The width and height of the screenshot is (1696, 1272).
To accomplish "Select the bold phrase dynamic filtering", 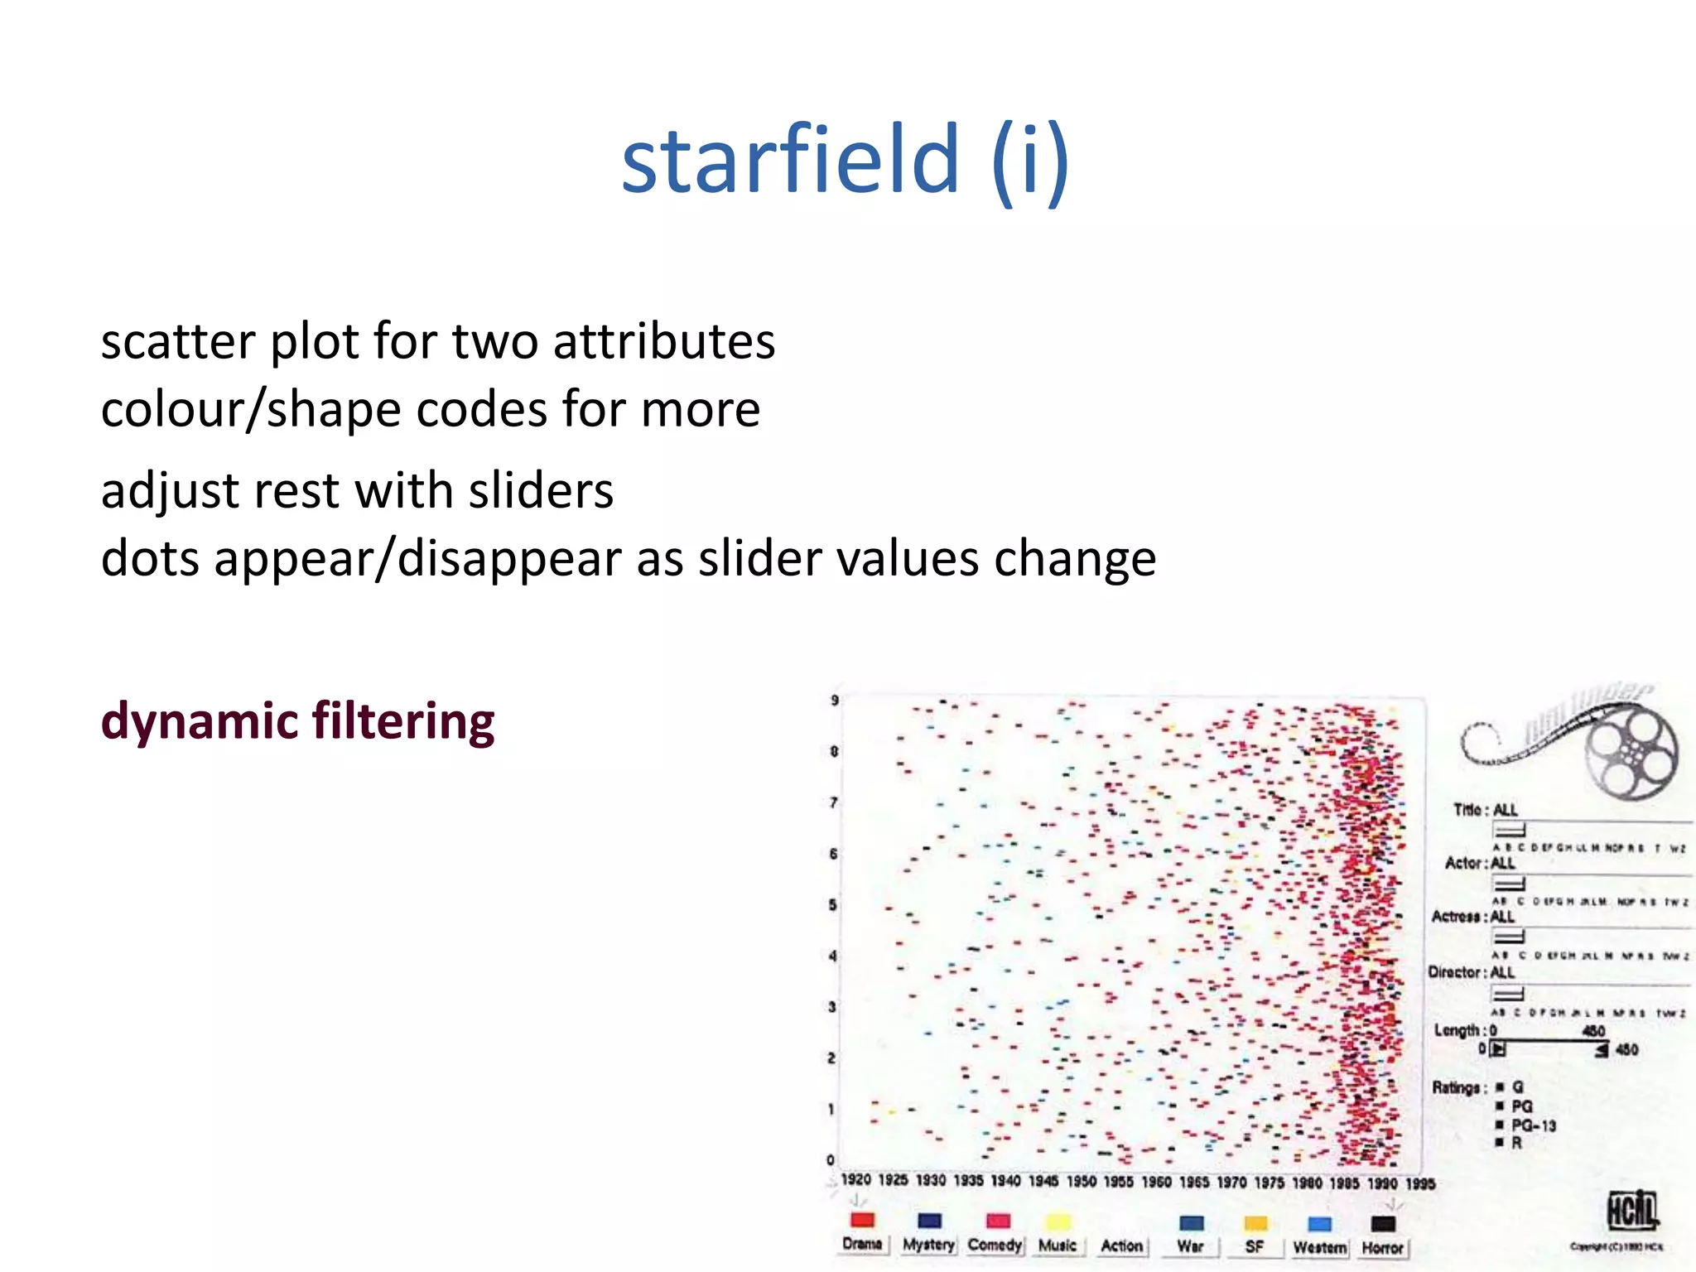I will tap(297, 721).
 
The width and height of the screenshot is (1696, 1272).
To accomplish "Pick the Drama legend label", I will tap(862, 1244).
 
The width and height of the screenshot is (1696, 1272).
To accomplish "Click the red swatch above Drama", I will tap(862, 1220).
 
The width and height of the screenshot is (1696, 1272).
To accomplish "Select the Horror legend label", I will tap(1382, 1247).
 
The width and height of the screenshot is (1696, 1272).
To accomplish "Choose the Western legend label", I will tap(1319, 1247).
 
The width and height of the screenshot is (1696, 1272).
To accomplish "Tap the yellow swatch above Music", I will tap(1058, 1221).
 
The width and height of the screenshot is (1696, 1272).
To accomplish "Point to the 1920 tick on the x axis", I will tap(855, 1179).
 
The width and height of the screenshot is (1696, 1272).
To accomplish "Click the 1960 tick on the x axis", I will tap(1156, 1182).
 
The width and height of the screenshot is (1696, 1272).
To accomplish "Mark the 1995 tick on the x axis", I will tap(1419, 1183).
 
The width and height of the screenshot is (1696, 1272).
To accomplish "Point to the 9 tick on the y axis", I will tap(835, 701).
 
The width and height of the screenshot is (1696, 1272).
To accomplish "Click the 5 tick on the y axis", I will tap(832, 904).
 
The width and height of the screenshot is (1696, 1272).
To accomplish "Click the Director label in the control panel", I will tap(1457, 971).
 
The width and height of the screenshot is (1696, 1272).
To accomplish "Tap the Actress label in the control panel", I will tap(1459, 916).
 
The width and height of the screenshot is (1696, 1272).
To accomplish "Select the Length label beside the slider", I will tap(1457, 1030).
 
